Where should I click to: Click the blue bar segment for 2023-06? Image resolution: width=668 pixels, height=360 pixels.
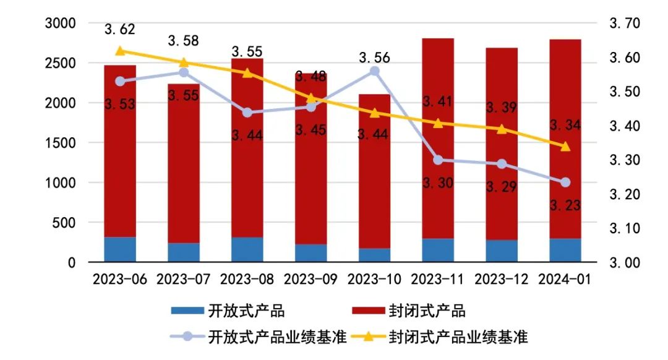[x=120, y=249]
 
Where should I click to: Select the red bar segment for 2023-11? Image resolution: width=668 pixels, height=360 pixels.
[x=438, y=139]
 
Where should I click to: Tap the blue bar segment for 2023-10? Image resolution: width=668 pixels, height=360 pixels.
[x=374, y=255]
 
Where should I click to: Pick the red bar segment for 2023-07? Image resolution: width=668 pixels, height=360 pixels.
[x=184, y=163]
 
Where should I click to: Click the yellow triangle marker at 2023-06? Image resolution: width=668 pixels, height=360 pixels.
[x=120, y=51]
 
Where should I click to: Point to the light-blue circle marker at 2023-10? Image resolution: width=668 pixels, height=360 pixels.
[x=374, y=71]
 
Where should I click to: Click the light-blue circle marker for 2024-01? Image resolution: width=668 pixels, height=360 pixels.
[x=565, y=182]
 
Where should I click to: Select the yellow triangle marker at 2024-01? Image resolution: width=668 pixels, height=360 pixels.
[x=565, y=147]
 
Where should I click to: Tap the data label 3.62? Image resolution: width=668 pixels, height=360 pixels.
[x=120, y=30]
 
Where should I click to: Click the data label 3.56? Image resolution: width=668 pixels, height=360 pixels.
[x=374, y=58]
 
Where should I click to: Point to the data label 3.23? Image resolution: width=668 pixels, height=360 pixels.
[x=565, y=205]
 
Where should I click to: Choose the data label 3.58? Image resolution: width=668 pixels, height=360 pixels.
[x=183, y=41]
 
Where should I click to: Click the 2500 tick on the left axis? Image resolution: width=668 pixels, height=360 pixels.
[x=61, y=63]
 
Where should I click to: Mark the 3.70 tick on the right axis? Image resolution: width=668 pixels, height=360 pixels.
[x=625, y=23]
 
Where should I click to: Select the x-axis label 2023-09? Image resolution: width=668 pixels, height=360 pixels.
[x=310, y=280]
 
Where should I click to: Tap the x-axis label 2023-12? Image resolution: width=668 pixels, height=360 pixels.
[x=502, y=280]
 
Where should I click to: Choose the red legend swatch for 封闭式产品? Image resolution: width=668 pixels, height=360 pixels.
[x=369, y=311]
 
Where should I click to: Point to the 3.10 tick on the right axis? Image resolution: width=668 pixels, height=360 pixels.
[x=625, y=228]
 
